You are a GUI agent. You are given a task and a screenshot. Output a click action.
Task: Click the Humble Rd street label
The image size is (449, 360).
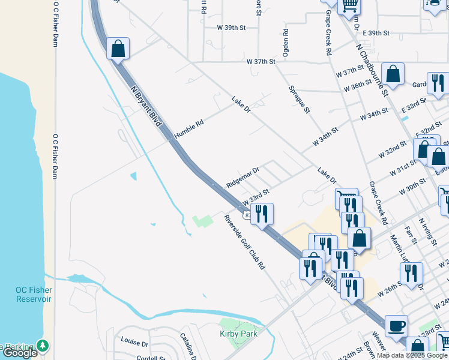188,127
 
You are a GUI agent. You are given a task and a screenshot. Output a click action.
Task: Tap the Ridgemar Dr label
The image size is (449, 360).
243,177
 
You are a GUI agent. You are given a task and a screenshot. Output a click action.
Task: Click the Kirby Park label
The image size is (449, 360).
238,334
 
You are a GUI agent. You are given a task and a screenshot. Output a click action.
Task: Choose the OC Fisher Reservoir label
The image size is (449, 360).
34,295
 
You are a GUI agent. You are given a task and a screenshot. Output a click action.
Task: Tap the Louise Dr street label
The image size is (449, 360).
134,343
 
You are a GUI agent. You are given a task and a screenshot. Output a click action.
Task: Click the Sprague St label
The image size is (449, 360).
298,98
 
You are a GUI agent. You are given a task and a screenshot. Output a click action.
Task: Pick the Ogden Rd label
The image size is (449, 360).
286,43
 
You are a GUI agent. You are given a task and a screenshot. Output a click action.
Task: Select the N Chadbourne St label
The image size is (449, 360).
372,69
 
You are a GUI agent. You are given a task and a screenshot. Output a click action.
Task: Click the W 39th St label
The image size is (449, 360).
232,28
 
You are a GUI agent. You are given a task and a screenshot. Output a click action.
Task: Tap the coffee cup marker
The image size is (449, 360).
396,326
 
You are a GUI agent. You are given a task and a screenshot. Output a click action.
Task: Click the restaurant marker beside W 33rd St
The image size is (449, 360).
262,214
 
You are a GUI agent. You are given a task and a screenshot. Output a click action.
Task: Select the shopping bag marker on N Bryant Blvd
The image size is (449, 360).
118,48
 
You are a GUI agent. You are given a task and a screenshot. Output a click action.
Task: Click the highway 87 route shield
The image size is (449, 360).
247,215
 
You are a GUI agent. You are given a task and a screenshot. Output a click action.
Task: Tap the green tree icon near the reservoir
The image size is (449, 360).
43,346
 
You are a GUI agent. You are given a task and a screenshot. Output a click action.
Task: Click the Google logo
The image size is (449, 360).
20,353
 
